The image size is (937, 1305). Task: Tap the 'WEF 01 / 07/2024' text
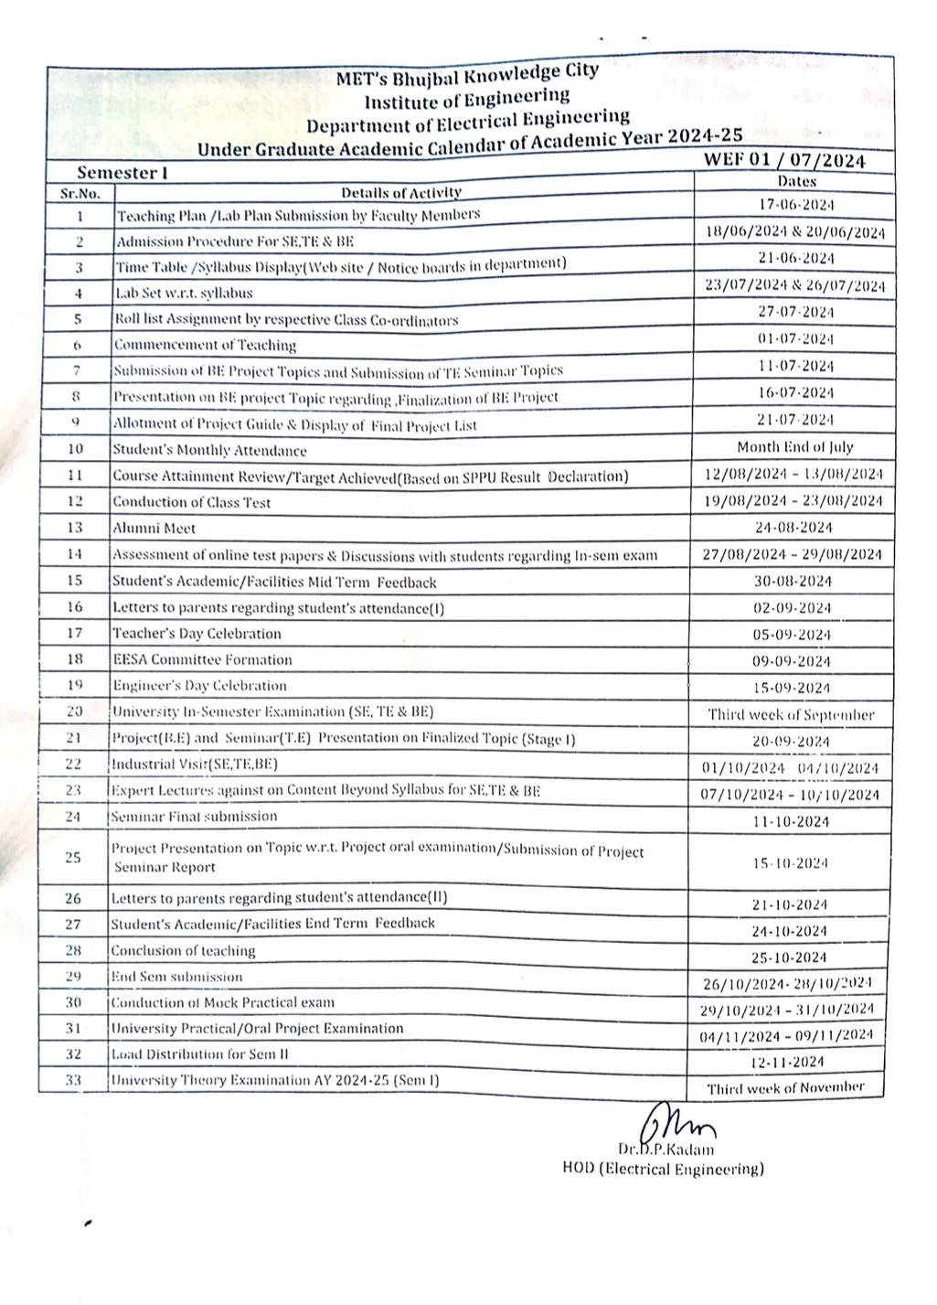pos(783,160)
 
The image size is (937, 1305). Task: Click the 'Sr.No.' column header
pos(80,193)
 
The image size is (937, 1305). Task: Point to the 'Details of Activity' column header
pos(400,192)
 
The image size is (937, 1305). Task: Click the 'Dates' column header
pos(794,182)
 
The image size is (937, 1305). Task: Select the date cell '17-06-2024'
pos(796,205)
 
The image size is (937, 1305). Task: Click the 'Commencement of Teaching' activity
pos(205,346)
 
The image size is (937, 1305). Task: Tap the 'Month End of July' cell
pos(794,447)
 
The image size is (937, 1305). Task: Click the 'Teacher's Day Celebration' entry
pos(197,633)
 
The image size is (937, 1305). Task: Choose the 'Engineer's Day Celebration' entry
pos(199,685)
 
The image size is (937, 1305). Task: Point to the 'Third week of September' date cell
pos(791,715)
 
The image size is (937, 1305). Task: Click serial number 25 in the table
pos(73,857)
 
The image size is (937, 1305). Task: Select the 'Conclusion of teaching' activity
pos(183,950)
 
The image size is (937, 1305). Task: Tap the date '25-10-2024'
pos(790,957)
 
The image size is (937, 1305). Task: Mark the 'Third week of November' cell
pos(785,1088)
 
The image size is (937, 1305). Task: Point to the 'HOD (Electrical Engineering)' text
pos(663,1168)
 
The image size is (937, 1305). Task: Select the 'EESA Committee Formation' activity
pos(202,659)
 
